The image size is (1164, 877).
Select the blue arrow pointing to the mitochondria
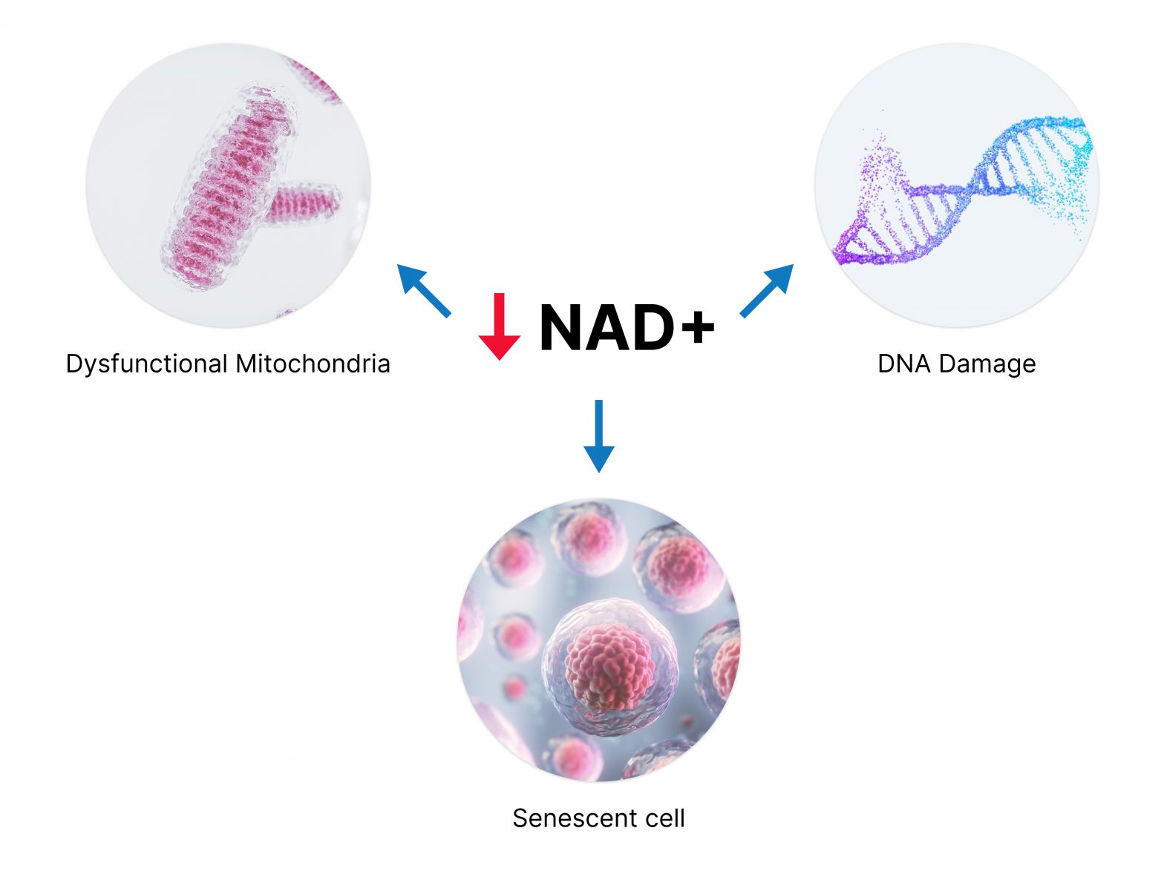pyautogui.click(x=423, y=289)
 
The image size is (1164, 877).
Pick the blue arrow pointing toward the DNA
pyautogui.click(x=768, y=289)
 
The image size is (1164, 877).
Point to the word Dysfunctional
pyautogui.click(x=146, y=364)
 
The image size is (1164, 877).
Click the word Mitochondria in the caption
pyautogui.click(x=313, y=364)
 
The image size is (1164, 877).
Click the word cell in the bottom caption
pyautogui.click(x=663, y=818)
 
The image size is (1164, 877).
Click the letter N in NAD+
pyautogui.click(x=566, y=326)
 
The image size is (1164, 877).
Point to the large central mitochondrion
pyautogui.click(x=226, y=185)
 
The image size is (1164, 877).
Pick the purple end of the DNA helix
pyautogui.click(x=846, y=249)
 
